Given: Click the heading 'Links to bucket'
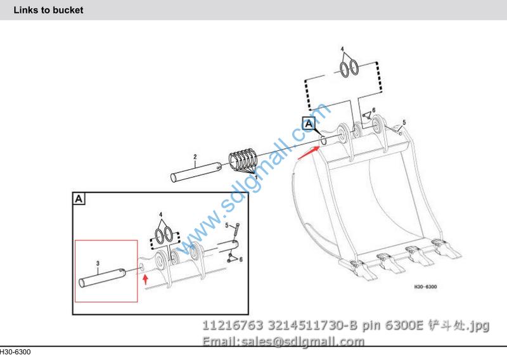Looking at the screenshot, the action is coord(48,10).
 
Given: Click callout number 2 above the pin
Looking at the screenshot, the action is coord(195,157).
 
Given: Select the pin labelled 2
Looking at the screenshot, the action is coord(196,172).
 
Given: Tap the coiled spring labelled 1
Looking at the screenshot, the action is coord(243,160).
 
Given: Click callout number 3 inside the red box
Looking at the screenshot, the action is coord(98,264).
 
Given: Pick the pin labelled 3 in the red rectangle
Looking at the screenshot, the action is coord(102,278).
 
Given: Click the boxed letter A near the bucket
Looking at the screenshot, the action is coord(309,124).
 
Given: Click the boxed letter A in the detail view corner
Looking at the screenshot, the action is coord(79,198).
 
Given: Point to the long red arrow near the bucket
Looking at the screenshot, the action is coord(309,153).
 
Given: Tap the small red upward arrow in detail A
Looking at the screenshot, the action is coord(146,279).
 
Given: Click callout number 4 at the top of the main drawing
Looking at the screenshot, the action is coord(342,49).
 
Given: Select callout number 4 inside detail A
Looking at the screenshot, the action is coord(161,215).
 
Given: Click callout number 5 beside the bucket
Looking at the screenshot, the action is coord(404,122).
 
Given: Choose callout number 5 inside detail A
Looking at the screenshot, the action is coord(227,225).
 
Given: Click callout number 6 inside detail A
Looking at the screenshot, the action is coord(241,259).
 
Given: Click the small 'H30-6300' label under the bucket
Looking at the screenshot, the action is coord(425,286).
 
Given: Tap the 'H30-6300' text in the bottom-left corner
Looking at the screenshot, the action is coord(15,352).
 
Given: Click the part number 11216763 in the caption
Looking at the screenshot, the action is coord(233,325).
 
